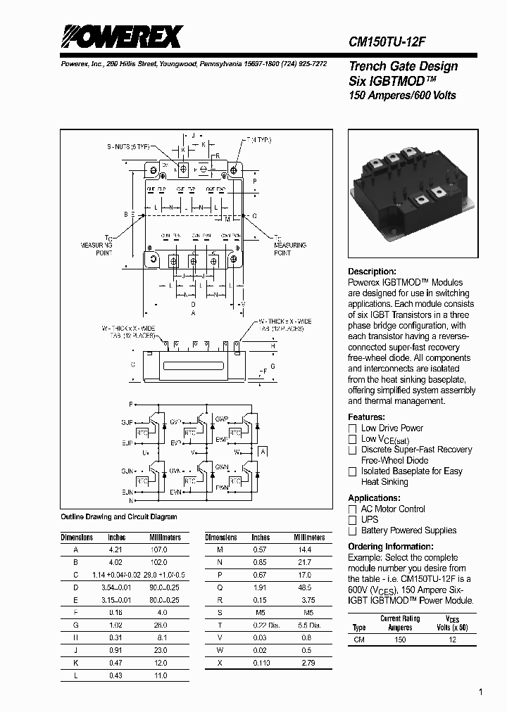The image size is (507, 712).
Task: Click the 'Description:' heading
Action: point(372,272)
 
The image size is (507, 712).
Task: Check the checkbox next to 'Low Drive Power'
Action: point(353,428)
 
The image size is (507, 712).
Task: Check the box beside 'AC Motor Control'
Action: point(353,509)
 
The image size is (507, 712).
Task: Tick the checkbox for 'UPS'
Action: point(353,519)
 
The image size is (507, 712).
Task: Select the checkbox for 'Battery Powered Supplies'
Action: point(353,530)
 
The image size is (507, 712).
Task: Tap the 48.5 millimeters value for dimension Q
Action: point(304,587)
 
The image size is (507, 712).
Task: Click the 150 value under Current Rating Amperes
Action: point(400,640)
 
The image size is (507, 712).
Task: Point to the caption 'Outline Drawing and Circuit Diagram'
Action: point(119,516)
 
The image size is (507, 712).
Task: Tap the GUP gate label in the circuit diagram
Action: point(126,421)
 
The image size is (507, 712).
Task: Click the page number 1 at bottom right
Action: point(481,693)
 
